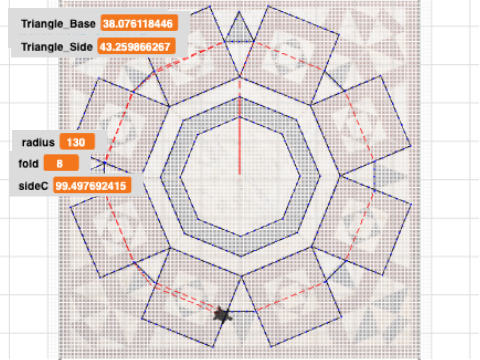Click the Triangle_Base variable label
click(58, 24)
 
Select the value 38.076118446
click(139, 24)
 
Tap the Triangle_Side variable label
click(57, 47)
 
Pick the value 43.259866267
click(136, 46)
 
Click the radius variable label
click(38, 142)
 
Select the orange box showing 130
click(77, 142)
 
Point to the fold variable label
click(28, 164)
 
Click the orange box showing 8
click(61, 163)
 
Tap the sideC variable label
click(33, 186)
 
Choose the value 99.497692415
click(92, 186)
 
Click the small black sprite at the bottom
click(222, 314)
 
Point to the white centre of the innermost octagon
click(240, 177)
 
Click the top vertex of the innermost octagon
click(240, 117)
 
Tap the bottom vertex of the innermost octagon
click(241, 237)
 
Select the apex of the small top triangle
click(239, 11)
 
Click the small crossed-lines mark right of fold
click(104, 163)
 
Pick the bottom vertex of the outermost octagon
click(241, 276)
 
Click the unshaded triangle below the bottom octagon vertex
click(241, 298)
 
